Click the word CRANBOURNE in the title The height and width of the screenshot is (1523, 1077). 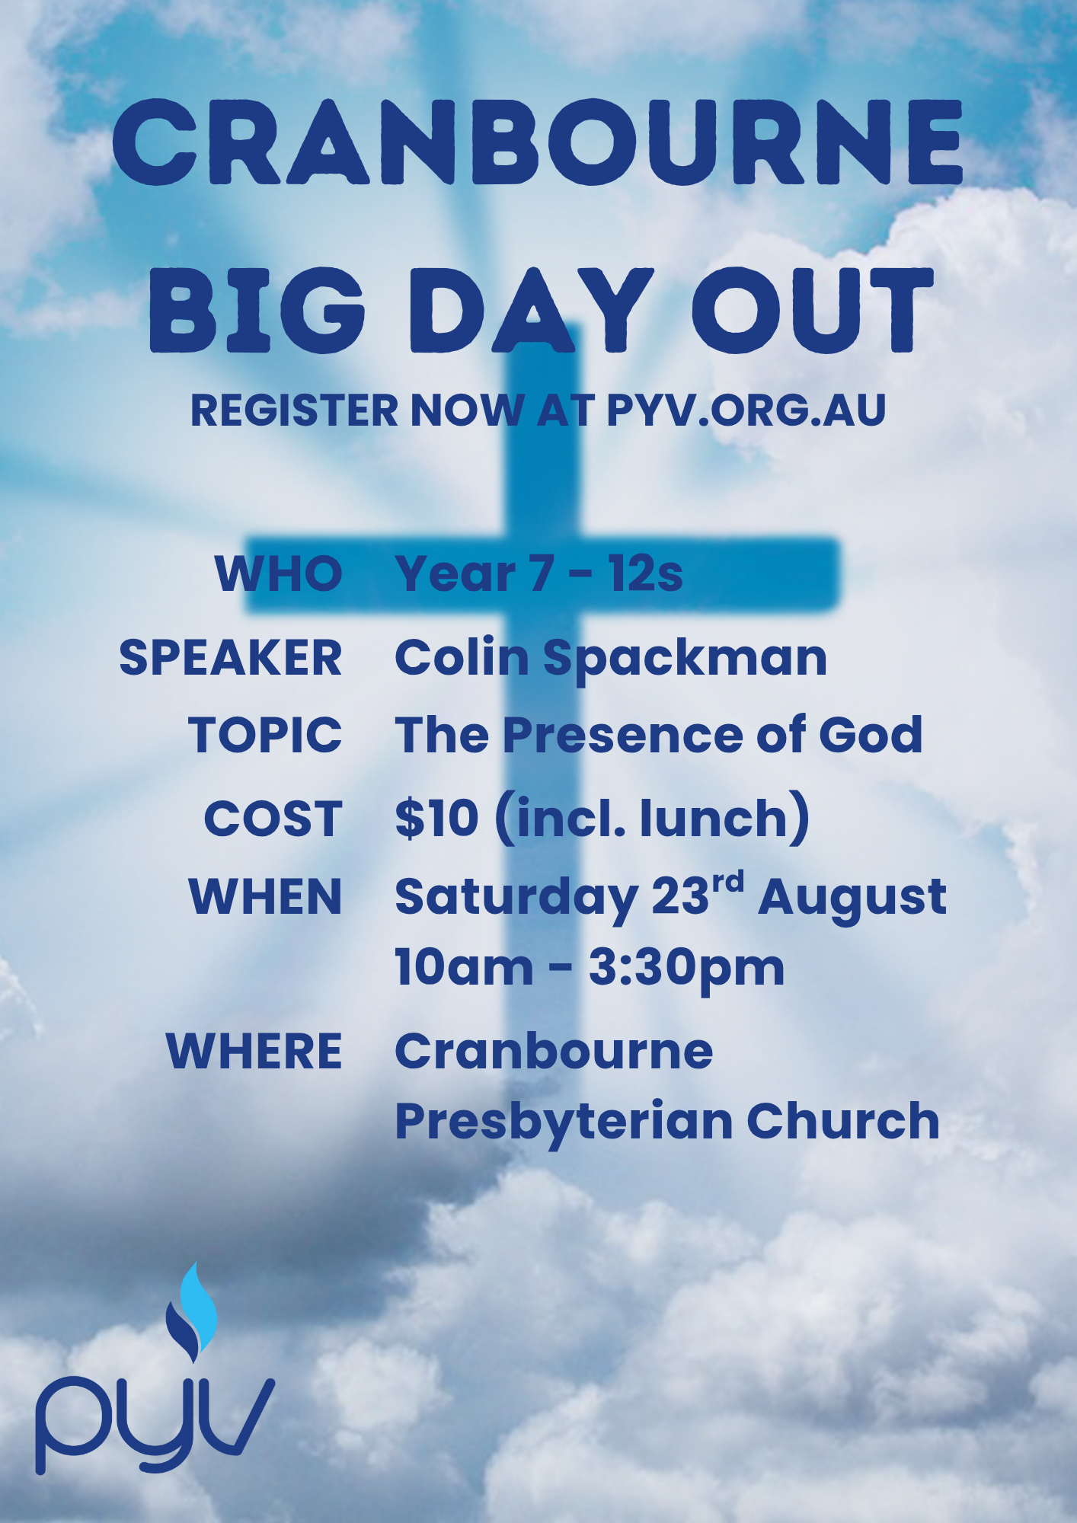(538, 142)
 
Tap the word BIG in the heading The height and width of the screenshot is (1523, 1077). (257, 310)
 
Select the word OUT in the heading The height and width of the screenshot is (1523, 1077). (812, 310)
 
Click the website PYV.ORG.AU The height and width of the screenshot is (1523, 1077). (746, 410)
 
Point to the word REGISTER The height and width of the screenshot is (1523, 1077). (295, 410)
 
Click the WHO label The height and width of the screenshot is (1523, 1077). (279, 573)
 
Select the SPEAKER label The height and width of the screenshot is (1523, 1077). (231, 657)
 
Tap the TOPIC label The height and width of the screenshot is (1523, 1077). (266, 735)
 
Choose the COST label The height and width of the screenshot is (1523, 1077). (273, 819)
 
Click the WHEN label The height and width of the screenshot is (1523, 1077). (266, 896)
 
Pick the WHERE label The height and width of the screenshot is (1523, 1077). (254, 1052)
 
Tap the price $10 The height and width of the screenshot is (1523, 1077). (437, 819)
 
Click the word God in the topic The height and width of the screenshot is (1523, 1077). (871, 735)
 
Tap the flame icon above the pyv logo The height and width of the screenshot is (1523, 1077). (192, 1311)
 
